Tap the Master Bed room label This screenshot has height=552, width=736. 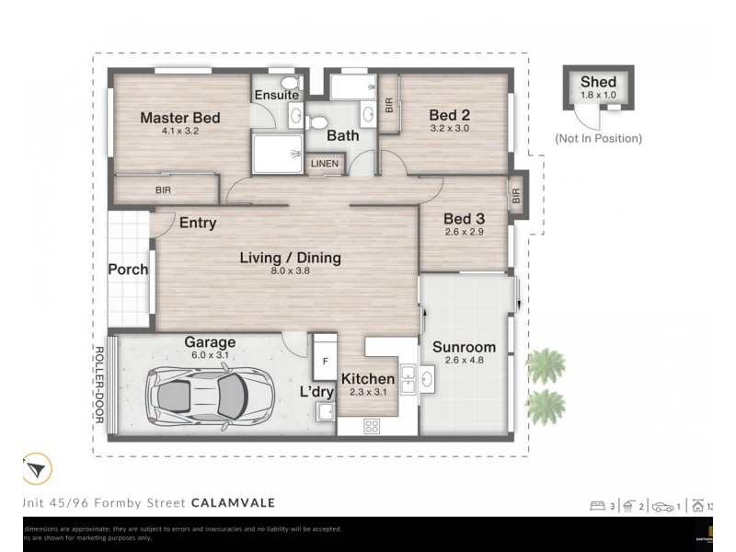click(x=180, y=118)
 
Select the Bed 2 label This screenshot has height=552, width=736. click(x=450, y=115)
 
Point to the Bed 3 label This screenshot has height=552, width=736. click(x=463, y=218)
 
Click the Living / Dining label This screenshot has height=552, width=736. click(x=291, y=258)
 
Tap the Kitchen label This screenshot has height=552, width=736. click(x=368, y=379)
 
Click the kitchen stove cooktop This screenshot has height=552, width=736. click(x=374, y=426)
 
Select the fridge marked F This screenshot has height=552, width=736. click(x=324, y=361)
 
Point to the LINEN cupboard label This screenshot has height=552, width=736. click(x=325, y=165)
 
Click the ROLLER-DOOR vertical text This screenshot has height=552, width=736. click(x=98, y=384)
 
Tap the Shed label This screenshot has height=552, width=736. click(x=598, y=83)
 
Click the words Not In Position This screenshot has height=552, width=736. click(x=598, y=138)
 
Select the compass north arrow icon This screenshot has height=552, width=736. click(x=36, y=470)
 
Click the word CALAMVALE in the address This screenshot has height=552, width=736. click(x=233, y=502)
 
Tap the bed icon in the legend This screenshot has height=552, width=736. click(x=598, y=505)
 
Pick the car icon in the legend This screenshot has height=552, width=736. click(x=661, y=505)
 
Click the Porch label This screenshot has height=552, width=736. click(x=128, y=270)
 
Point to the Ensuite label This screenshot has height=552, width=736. click(x=276, y=95)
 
